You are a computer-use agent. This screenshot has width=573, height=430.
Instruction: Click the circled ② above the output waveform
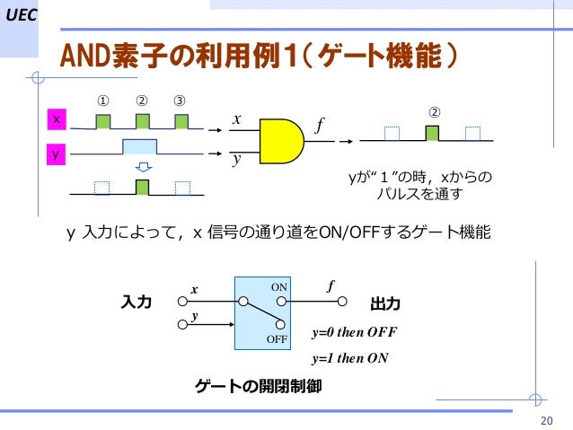[433, 112]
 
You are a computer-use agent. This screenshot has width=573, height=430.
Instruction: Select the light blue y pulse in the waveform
[140, 147]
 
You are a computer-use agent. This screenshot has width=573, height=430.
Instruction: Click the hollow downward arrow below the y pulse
[141, 168]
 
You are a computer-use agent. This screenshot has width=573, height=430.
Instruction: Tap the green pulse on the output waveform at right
[433, 134]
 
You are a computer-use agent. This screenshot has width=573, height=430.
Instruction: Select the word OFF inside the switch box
[277, 339]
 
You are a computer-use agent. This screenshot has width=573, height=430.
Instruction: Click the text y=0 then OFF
[353, 332]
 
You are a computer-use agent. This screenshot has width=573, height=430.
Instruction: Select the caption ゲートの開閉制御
[258, 387]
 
